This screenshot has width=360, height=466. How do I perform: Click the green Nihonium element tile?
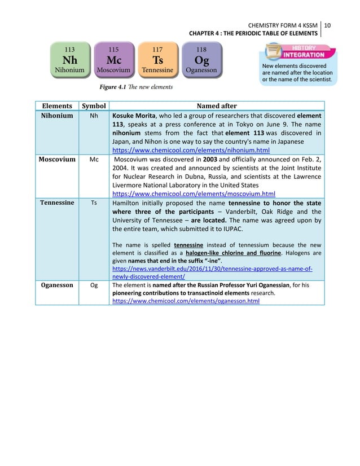70,59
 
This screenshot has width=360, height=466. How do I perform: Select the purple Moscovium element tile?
113,59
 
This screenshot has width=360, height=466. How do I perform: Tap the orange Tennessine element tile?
157,59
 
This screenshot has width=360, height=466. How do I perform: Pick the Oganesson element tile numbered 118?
201,59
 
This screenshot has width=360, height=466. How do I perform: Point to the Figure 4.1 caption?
136,87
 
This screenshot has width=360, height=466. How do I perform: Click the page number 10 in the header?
327,25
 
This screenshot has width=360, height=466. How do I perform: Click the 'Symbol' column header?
94,106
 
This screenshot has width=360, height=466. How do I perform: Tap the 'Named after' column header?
217,106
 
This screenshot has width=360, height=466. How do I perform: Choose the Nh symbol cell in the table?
94,116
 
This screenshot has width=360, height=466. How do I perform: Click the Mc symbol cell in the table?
94,160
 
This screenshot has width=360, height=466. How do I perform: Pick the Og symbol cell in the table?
94,285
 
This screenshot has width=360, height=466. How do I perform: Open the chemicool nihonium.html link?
191,151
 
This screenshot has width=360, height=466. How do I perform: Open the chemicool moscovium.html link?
194,194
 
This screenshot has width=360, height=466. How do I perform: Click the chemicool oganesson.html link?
186,302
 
